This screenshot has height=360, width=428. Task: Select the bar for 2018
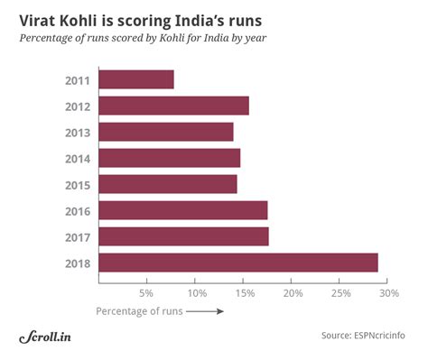[237, 263]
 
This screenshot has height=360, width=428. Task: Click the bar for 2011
[135, 79]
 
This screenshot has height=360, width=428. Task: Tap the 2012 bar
[172, 106]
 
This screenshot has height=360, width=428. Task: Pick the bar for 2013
[165, 132]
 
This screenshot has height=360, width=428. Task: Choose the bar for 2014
[169, 158]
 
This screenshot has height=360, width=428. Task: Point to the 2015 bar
[167, 184]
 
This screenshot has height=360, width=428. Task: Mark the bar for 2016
[182, 210]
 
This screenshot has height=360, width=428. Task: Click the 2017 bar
[183, 236]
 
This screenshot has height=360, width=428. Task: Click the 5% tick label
[146, 293]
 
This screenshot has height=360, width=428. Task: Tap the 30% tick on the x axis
[389, 293]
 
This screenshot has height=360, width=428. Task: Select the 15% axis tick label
[244, 293]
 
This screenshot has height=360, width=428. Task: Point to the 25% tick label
[340, 293]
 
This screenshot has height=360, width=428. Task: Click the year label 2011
[77, 80]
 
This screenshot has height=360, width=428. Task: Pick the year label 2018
[77, 263]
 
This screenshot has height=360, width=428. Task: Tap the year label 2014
[77, 159]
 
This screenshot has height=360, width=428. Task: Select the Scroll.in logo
[45, 337]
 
